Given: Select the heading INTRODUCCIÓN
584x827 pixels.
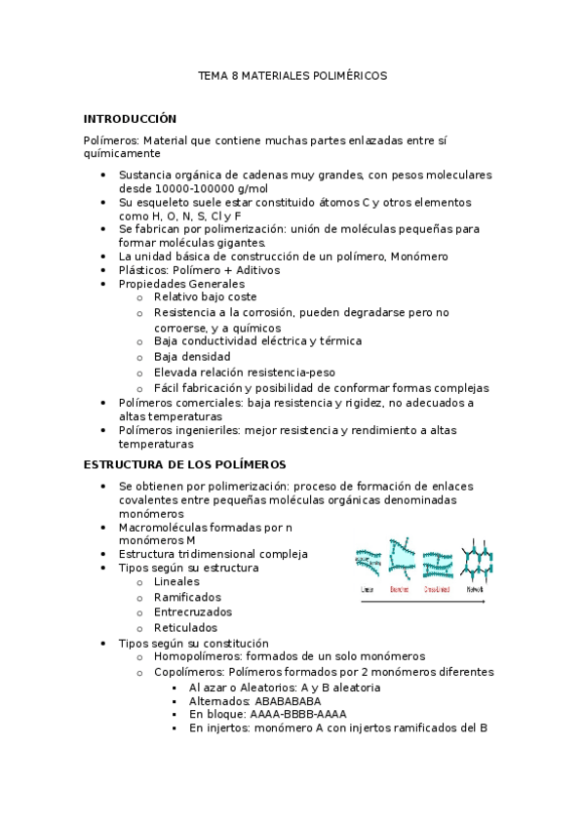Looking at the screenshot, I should click(x=130, y=119).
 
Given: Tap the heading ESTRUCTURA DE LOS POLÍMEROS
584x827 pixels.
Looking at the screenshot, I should click(x=184, y=465).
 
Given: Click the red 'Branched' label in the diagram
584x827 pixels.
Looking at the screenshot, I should click(x=400, y=590).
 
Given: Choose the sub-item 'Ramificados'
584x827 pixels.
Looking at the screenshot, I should click(x=187, y=597).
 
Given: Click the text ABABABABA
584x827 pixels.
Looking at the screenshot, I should click(x=280, y=701).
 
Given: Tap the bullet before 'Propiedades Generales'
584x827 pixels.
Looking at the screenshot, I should click(x=104, y=285).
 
